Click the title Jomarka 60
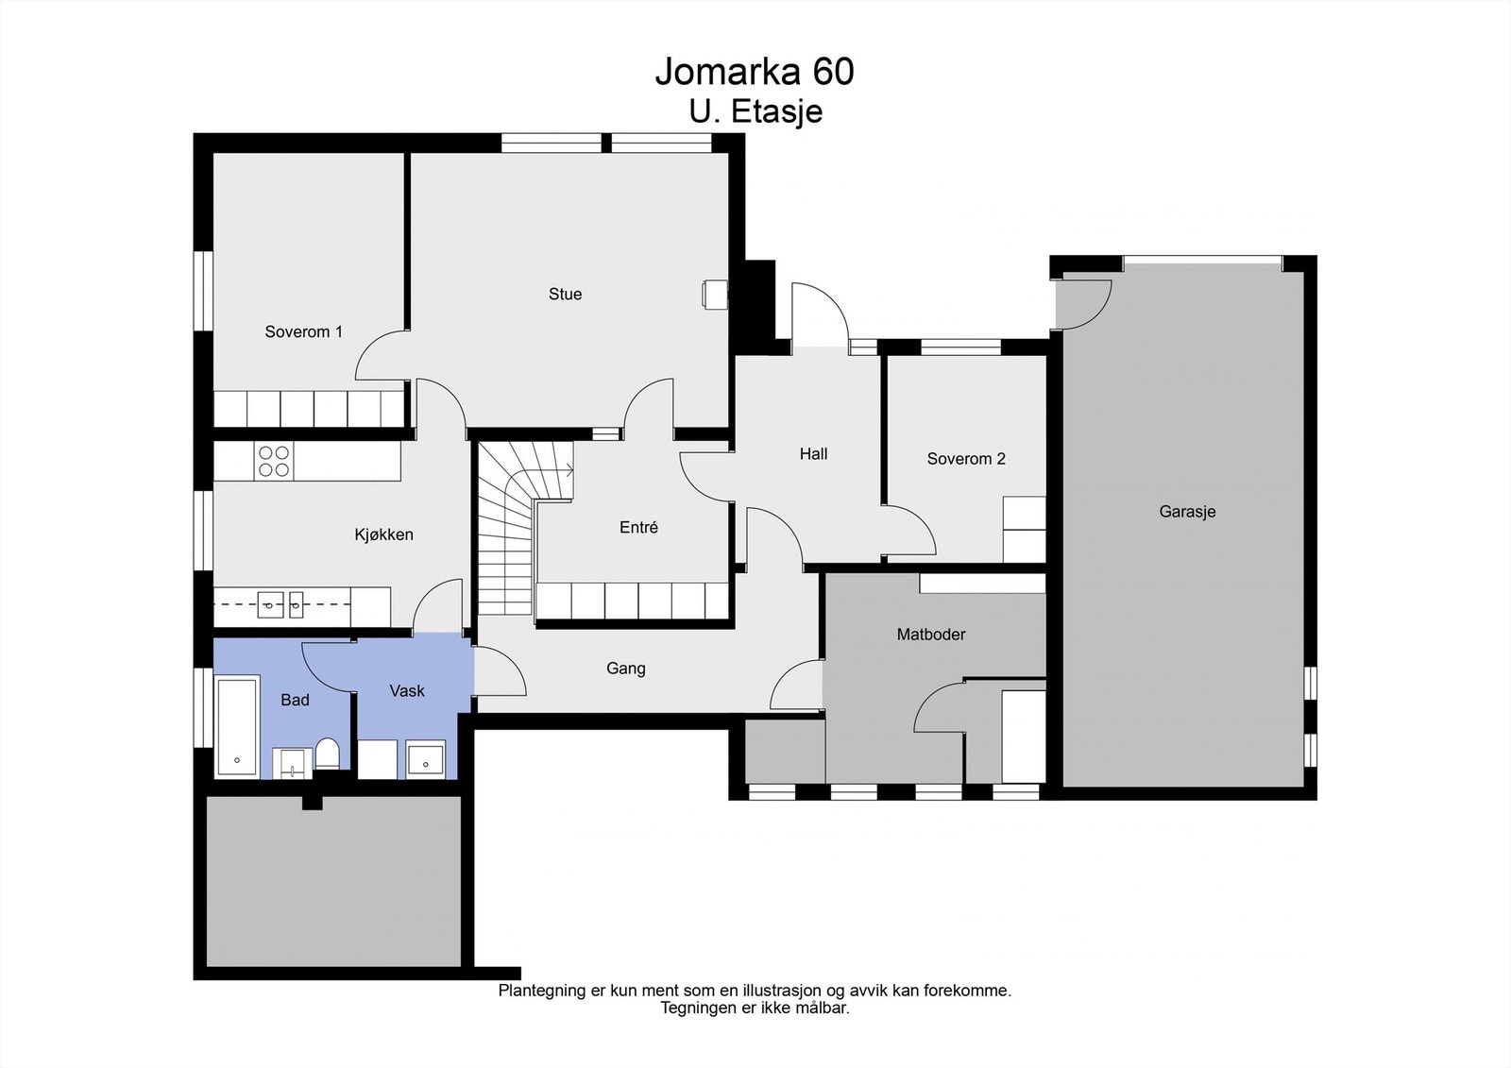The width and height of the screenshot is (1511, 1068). tap(755, 72)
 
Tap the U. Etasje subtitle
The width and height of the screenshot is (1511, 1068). tap(755, 112)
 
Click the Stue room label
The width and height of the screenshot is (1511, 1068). tap(566, 295)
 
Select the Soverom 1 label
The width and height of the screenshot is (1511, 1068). tap(303, 332)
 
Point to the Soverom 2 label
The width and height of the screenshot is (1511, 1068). tap(966, 459)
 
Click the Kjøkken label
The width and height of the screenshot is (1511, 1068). tap(383, 535)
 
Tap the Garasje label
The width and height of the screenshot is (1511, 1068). tap(1187, 512)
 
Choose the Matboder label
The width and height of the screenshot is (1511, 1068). tap(931, 635)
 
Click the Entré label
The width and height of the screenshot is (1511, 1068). tap(638, 528)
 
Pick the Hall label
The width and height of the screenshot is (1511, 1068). tap(813, 454)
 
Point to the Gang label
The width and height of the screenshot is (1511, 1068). tap(626, 669)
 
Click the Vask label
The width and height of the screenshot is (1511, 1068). tap(407, 691)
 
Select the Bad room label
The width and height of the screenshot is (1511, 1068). tap(295, 701)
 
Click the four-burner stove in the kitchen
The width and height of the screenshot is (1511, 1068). tap(274, 462)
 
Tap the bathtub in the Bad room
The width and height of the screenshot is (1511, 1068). tap(237, 726)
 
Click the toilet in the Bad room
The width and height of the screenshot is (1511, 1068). tap(328, 754)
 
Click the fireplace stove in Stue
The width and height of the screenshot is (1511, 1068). tap(714, 295)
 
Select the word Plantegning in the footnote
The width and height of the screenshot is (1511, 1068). tap(542, 992)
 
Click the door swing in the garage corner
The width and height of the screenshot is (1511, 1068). tap(1086, 304)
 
